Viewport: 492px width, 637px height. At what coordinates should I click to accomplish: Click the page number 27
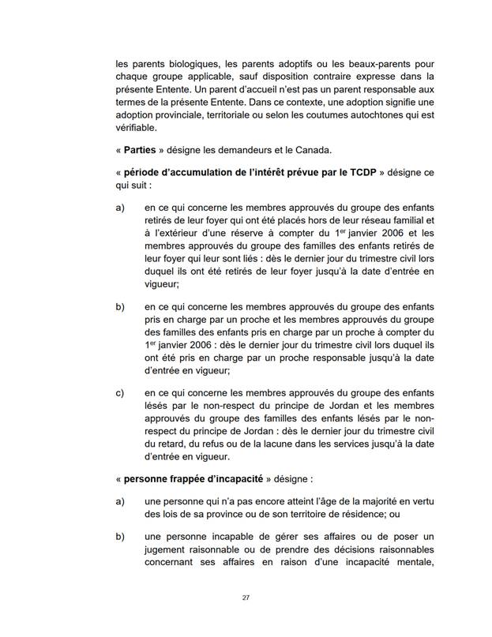(x=246, y=598)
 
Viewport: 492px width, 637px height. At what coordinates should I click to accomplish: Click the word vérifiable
(x=136, y=127)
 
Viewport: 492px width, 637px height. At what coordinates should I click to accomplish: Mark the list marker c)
(x=120, y=393)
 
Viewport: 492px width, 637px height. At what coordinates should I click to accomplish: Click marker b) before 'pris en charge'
(x=120, y=306)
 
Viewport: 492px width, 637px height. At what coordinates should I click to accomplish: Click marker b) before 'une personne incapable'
(x=120, y=537)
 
